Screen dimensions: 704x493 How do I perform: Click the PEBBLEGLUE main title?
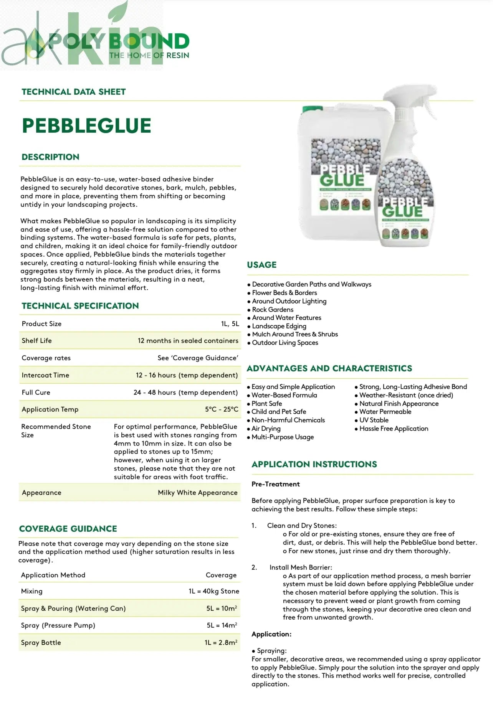(x=86, y=125)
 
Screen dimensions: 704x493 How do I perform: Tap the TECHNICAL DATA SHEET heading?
(x=74, y=92)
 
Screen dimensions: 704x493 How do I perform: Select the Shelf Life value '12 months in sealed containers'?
(x=188, y=341)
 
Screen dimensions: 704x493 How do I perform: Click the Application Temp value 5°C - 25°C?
(x=222, y=409)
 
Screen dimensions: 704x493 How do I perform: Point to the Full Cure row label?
(x=36, y=392)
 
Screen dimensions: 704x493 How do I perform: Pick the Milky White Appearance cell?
(x=197, y=493)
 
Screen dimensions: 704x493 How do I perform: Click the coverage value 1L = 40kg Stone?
(x=213, y=591)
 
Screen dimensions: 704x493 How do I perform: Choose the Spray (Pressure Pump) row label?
(x=58, y=625)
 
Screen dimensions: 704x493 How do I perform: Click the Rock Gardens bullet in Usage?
(x=272, y=310)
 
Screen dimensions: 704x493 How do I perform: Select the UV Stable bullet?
(x=374, y=420)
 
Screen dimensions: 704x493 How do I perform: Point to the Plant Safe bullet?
(x=266, y=404)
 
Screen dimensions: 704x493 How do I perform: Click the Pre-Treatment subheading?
(x=275, y=484)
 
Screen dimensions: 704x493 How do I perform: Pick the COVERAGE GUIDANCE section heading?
(x=68, y=529)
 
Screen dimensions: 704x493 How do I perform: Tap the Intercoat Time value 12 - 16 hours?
(x=187, y=375)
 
